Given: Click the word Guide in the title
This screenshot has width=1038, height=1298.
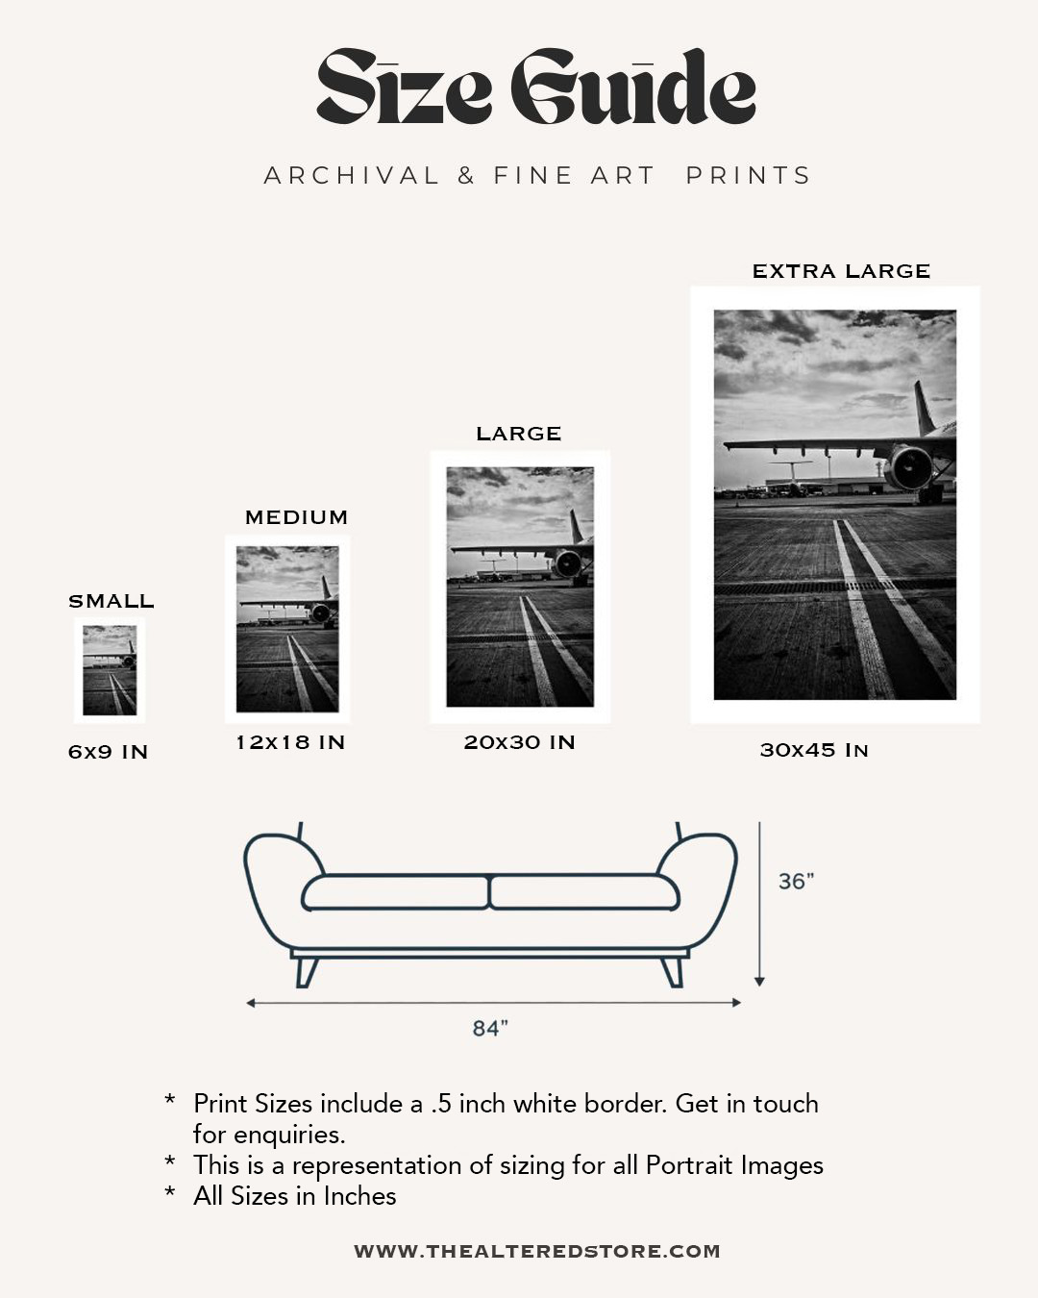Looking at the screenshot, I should (632, 88).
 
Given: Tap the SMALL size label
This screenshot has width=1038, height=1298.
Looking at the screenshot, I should (111, 601).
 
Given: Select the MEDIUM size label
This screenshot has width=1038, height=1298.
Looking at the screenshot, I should (296, 517).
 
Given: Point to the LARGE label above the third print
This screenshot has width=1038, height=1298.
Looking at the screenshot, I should (519, 434).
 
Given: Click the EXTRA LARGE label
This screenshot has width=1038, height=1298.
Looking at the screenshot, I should (841, 271).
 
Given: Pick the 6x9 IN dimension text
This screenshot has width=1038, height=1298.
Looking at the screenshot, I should (109, 752).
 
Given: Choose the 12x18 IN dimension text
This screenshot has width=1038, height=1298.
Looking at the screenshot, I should (290, 742).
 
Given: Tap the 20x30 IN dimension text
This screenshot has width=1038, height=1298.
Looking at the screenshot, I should (519, 742).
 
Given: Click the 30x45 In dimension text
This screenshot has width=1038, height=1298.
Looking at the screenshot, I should (814, 750).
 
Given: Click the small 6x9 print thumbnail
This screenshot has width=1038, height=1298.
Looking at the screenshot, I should (110, 670).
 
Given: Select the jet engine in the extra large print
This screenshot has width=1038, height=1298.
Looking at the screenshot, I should (910, 467).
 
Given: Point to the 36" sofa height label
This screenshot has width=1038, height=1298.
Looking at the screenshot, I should (796, 881).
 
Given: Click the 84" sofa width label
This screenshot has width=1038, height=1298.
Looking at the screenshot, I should (489, 1029).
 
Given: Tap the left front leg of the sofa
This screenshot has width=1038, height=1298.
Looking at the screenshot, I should (306, 972).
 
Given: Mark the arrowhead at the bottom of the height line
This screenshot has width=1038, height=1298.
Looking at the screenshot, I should (759, 981).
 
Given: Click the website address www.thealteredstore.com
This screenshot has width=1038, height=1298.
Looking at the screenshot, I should (537, 1251).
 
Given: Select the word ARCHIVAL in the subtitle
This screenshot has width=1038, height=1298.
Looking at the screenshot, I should (352, 176).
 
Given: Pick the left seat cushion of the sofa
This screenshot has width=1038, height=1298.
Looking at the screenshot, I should (396, 892).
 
